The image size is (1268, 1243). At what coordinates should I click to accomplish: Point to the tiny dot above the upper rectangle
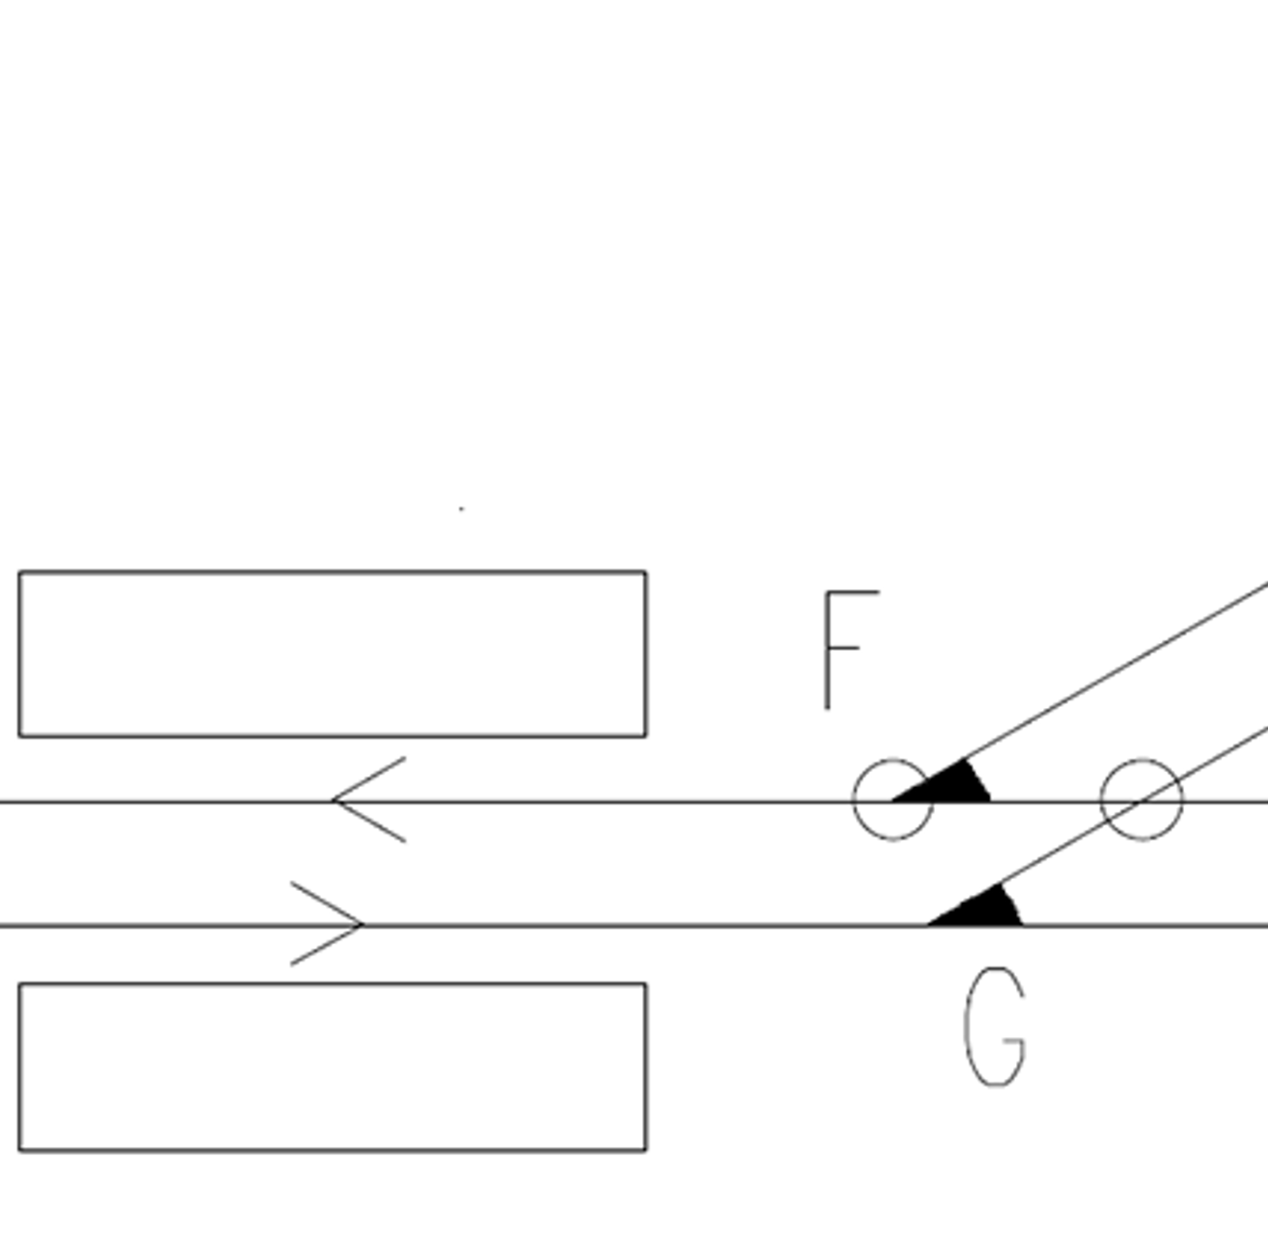pyautogui.click(x=461, y=509)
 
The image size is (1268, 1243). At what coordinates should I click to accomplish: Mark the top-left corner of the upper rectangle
pyautogui.click(x=19, y=571)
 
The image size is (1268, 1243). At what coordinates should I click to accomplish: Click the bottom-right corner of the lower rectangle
pyautogui.click(x=646, y=1150)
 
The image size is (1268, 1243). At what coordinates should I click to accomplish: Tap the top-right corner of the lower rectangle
pyautogui.click(x=646, y=984)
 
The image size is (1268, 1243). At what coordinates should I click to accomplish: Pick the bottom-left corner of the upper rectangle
pyautogui.click(x=19, y=736)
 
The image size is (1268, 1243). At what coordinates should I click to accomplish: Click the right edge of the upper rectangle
pyautogui.click(x=646, y=654)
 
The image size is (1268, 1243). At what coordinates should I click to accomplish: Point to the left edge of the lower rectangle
pyautogui.click(x=19, y=1067)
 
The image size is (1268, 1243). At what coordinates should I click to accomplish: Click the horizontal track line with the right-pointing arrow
pyautogui.click(x=634, y=925)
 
